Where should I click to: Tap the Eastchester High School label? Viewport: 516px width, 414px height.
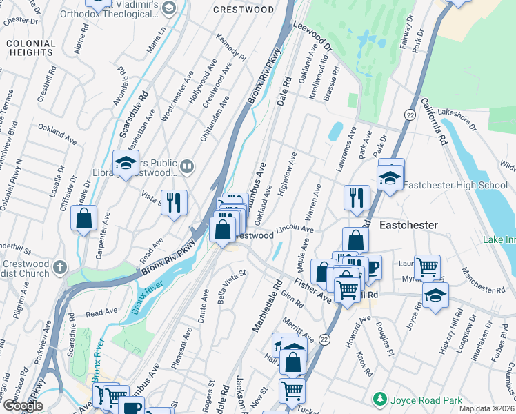[x=455, y=185]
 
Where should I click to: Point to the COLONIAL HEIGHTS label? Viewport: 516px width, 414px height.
[x=30, y=48]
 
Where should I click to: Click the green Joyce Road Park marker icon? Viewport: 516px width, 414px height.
[x=379, y=399]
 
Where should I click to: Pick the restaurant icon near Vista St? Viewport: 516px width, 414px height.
[x=174, y=202]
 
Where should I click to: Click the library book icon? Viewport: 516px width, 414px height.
[x=187, y=166]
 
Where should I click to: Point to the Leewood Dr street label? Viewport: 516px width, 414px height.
[x=312, y=37]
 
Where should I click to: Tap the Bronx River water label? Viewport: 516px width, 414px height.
[x=147, y=297]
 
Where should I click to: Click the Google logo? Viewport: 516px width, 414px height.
[x=23, y=405]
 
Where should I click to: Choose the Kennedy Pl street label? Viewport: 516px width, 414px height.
[x=231, y=47]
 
